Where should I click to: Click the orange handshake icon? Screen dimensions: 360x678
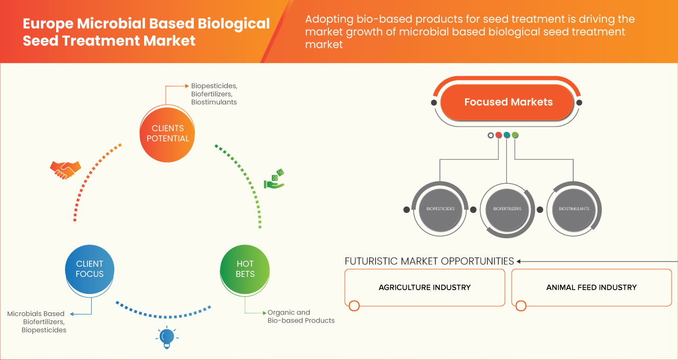[x=65, y=169]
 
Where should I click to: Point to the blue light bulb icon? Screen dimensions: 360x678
[x=167, y=337]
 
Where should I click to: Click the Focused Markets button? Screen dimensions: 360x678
[x=508, y=102]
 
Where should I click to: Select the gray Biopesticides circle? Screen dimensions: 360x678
[x=440, y=209]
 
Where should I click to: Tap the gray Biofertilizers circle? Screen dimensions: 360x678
[x=507, y=209]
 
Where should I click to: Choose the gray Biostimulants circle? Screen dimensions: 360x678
[x=574, y=209]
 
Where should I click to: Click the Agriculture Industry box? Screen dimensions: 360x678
[x=424, y=287]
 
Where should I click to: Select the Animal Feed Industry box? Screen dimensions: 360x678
[x=591, y=287]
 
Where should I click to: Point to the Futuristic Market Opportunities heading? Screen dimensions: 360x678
[x=429, y=261]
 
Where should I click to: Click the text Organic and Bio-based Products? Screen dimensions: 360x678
[x=301, y=317]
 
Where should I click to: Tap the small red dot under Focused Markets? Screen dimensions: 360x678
[x=498, y=136]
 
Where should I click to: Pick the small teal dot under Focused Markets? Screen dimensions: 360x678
[x=507, y=136]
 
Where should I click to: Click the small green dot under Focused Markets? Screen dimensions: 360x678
[x=515, y=136]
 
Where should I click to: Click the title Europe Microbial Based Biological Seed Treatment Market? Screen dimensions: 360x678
[x=146, y=32]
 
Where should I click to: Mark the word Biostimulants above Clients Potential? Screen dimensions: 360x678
[x=214, y=102]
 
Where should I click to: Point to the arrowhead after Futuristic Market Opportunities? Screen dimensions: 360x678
[x=519, y=261]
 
